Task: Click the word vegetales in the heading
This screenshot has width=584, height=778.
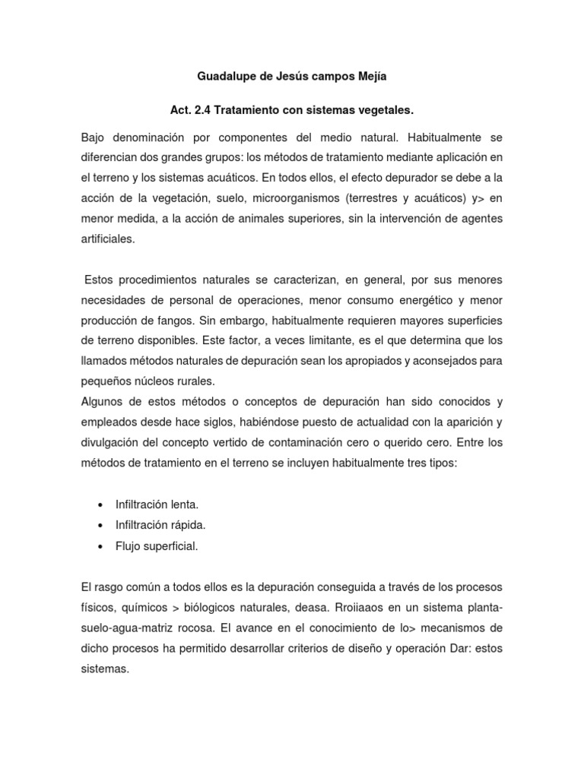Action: click(x=384, y=111)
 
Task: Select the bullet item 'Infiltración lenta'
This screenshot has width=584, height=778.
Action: click(x=157, y=504)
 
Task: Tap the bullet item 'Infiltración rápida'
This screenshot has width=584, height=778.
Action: click(x=160, y=525)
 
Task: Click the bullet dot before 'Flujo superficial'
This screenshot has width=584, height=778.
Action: click(x=101, y=546)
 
